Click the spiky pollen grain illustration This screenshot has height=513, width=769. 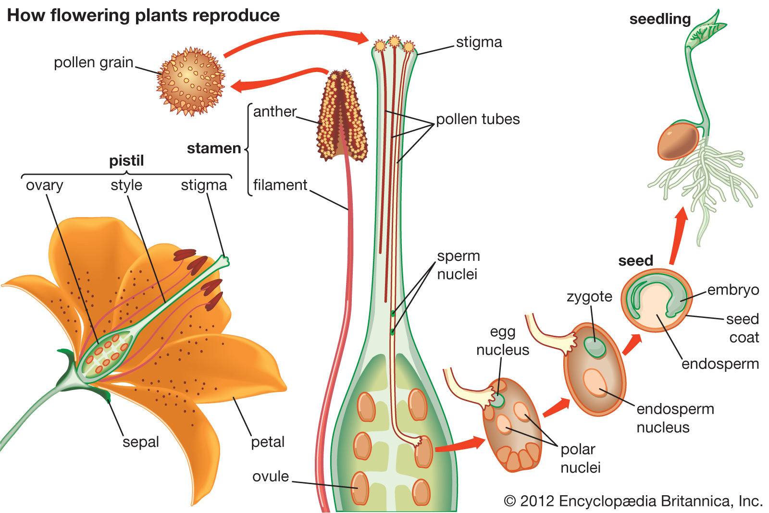pos(190,82)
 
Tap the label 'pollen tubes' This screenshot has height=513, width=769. pos(478,119)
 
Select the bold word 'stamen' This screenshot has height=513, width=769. pos(214,148)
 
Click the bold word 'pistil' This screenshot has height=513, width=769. pos(126,160)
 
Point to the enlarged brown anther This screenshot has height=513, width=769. pos(342,115)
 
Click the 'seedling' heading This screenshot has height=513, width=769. pos(660,19)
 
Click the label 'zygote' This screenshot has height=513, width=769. pos(589,297)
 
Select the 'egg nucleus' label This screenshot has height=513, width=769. pos(502,341)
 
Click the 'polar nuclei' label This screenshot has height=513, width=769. pos(580,458)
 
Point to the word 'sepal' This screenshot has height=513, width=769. pos(140,442)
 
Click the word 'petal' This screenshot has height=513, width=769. pos(268,442)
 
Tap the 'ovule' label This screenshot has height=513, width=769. pos(271,476)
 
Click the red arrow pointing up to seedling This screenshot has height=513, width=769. pos(678,235)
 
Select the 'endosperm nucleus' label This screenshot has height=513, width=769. pos(674,418)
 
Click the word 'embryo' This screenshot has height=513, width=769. pos(733,290)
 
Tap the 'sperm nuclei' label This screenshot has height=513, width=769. pos(458,265)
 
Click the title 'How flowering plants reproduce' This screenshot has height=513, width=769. pos(143,15)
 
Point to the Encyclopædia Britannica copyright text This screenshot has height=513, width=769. pos(633,501)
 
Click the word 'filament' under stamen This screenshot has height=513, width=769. pos(280,185)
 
